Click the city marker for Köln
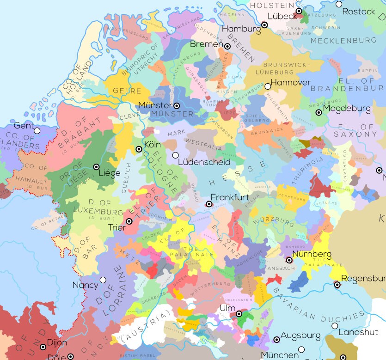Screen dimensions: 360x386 (x=139, y=149)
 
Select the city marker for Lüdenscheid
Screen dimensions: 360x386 (x=175, y=155)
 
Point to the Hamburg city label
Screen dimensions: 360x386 (x=241, y=29)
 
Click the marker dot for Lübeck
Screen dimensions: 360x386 (x=299, y=11)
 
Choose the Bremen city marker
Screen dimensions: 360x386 (x=227, y=47)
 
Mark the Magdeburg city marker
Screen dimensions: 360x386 (x=319, y=112)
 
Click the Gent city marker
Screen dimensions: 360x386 (x=37, y=131)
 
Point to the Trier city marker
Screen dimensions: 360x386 (x=129, y=222)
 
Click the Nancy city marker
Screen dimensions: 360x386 (x=103, y=280)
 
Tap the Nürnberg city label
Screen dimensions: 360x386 (x=312, y=254)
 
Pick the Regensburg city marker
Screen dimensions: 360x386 (x=337, y=285)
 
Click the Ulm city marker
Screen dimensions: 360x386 (x=239, y=314)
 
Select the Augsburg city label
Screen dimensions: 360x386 (x=300, y=335)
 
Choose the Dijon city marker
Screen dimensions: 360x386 (x=43, y=347)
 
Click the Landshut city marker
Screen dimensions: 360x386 (x=335, y=326)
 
